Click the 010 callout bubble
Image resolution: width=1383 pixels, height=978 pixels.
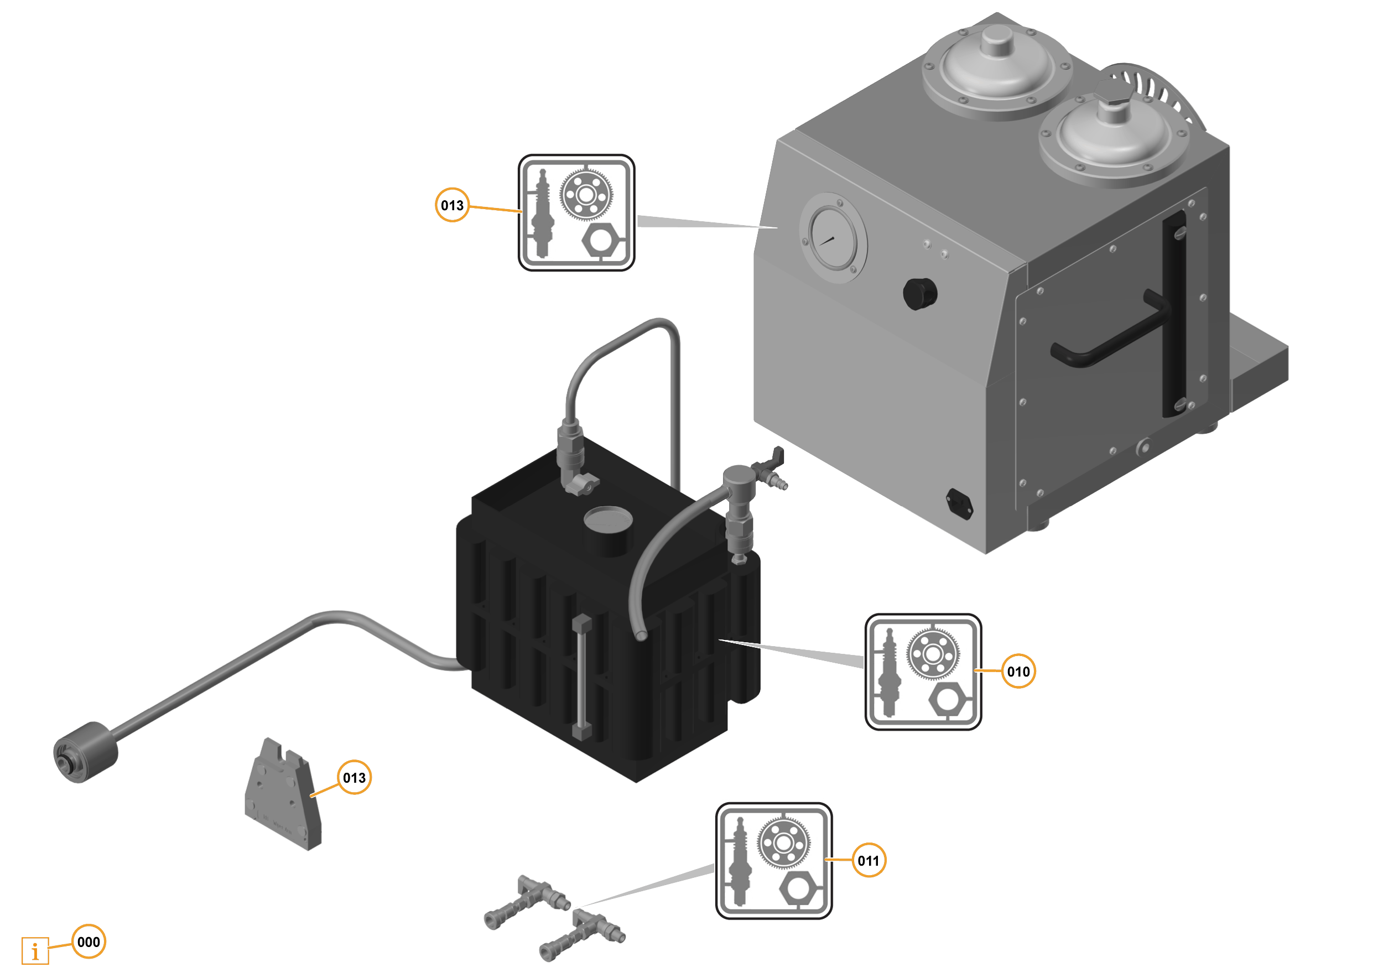[x=1018, y=671]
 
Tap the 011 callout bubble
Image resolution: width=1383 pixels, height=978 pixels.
[x=868, y=860]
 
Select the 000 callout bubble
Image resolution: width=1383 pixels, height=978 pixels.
[x=89, y=941]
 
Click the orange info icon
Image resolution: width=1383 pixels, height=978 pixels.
[x=35, y=951]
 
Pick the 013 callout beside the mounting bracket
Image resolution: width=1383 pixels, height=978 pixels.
[x=354, y=777]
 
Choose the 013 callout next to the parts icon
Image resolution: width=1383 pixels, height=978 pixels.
[x=452, y=205]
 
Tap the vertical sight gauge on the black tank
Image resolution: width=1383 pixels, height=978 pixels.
[x=581, y=678]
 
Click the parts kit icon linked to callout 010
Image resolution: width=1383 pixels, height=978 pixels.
[x=923, y=672]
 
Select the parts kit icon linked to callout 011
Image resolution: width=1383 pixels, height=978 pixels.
[x=773, y=861]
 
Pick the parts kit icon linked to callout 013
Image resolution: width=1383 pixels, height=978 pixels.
[x=576, y=212]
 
